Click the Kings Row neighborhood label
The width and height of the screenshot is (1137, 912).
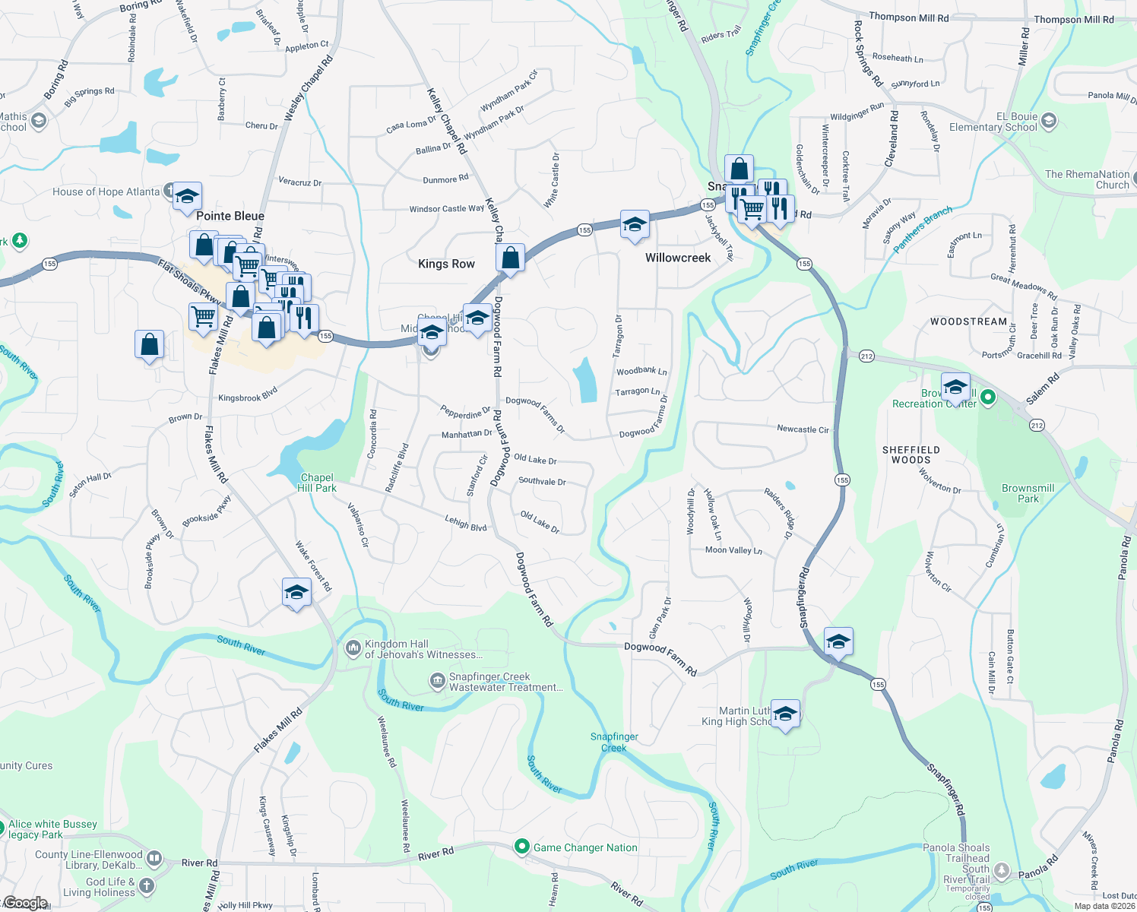(446, 264)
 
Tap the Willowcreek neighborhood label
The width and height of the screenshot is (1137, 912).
(678, 258)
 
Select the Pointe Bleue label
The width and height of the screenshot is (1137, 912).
(230, 216)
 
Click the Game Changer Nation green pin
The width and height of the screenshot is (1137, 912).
(521, 847)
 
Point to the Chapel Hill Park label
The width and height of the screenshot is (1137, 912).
(317, 483)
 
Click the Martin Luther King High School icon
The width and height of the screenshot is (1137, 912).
(785, 714)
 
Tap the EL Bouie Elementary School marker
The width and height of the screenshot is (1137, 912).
(1049, 120)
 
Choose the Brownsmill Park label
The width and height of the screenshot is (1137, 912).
(1028, 493)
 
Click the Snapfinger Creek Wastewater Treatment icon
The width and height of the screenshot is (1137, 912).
(437, 680)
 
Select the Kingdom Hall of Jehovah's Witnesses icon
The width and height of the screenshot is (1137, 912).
(353, 648)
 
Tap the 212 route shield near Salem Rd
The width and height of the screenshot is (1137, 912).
(1037, 425)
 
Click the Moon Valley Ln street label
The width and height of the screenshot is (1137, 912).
(733, 550)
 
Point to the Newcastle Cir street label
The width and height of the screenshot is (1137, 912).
(803, 429)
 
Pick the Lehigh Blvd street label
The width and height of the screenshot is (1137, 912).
(466, 523)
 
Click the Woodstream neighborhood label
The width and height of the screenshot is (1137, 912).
(968, 321)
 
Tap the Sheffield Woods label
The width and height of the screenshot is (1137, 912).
(911, 454)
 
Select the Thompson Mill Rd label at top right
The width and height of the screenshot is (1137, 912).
(1073, 20)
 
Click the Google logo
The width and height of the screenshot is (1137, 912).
(26, 903)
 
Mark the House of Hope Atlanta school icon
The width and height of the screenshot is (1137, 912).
(187, 197)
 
